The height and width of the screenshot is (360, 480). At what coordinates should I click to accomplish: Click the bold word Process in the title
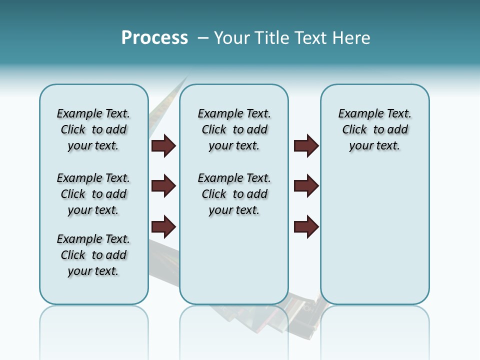pos(154,38)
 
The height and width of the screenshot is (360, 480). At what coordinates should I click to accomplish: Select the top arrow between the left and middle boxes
pos(163,146)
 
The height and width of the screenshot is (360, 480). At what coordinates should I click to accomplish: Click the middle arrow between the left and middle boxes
pos(163,186)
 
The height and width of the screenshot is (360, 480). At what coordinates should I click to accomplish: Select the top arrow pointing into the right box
pos(306,146)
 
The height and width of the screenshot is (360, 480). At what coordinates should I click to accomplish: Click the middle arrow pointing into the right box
pos(306,186)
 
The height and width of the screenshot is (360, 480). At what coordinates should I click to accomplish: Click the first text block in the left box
pos(93,129)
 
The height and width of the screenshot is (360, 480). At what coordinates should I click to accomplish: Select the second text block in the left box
pos(93,194)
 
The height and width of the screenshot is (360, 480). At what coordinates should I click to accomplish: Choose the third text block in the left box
pos(93,255)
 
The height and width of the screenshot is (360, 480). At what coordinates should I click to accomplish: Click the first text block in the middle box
pos(234,129)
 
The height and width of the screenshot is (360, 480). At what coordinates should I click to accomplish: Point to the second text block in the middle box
pos(234,194)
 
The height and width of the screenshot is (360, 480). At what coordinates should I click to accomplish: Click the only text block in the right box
pos(375,129)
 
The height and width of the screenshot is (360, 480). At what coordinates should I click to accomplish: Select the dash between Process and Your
pos(203,38)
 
